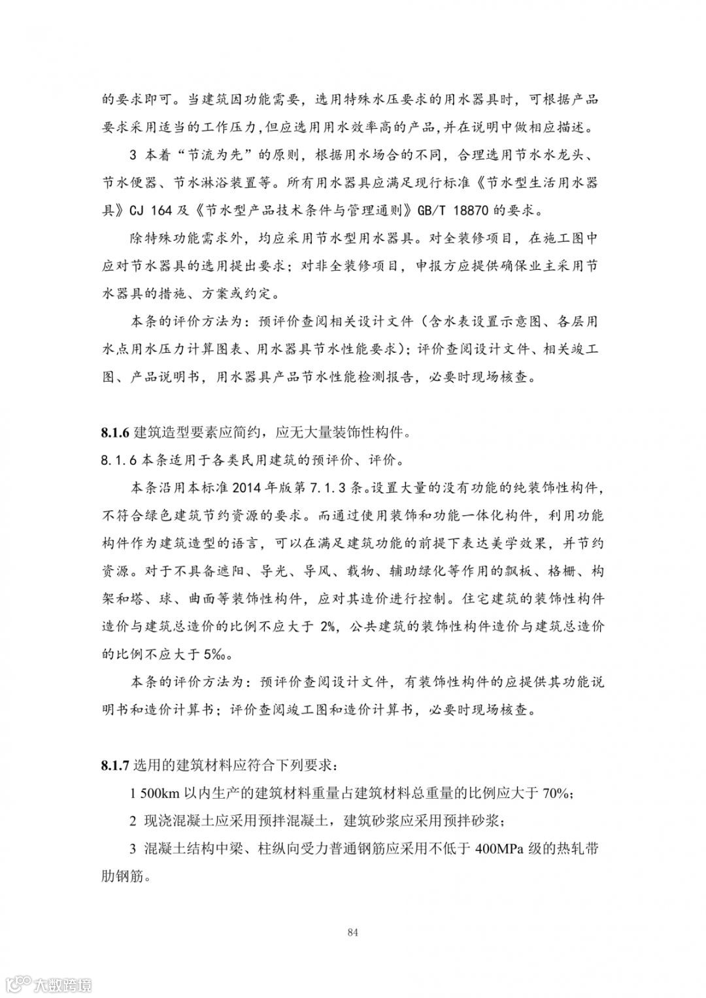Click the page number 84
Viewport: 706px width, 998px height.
353,933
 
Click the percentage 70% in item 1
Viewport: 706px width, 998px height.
557,794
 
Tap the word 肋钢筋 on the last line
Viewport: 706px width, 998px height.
123,876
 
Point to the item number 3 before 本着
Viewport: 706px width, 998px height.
133,156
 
